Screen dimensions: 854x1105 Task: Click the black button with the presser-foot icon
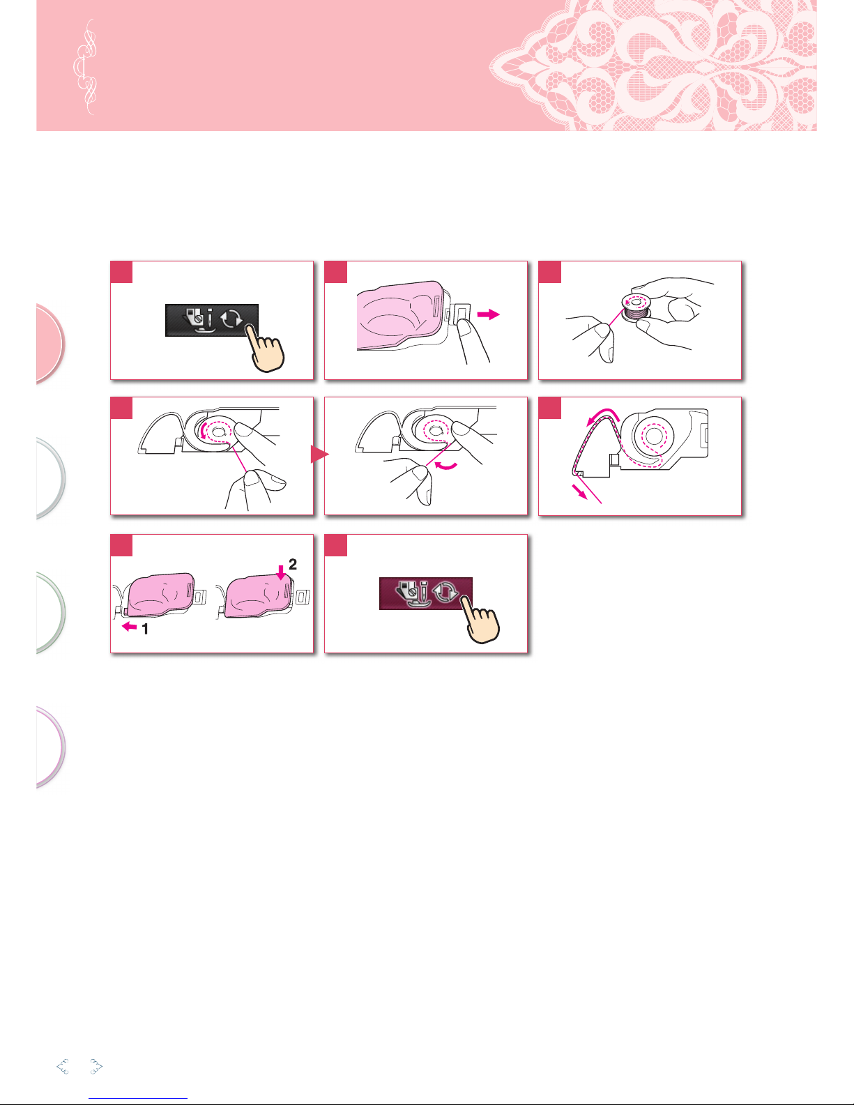[x=211, y=321]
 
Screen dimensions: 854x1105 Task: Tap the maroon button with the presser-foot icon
[x=426, y=593]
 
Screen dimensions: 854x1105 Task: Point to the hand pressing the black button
[x=266, y=350]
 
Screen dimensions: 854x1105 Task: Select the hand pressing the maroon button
[x=480, y=621]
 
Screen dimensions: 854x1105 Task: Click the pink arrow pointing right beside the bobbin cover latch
[x=489, y=315]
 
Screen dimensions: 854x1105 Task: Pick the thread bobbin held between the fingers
[x=635, y=309]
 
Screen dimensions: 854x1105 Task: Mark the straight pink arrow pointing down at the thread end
[x=579, y=491]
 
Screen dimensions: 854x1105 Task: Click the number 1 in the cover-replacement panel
[x=145, y=630]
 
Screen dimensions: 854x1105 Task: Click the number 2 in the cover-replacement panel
[x=293, y=564]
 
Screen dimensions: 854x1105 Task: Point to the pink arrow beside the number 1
[x=130, y=627]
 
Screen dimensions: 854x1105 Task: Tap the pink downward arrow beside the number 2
[x=281, y=573]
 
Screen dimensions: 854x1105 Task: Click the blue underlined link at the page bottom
[x=138, y=1099]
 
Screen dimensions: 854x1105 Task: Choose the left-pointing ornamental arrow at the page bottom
[x=63, y=1067]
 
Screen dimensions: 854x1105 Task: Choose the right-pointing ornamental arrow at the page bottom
[x=96, y=1067]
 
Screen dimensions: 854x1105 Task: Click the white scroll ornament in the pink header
[x=85, y=67]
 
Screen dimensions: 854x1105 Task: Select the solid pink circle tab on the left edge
[x=49, y=343]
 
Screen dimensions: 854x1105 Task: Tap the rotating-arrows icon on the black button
[x=231, y=320]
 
